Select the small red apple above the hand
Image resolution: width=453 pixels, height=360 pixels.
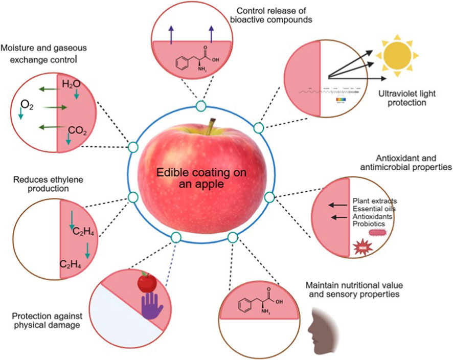coord(147,280)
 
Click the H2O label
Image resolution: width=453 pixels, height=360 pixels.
coord(71,83)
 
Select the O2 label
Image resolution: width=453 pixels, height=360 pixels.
coord(27,106)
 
